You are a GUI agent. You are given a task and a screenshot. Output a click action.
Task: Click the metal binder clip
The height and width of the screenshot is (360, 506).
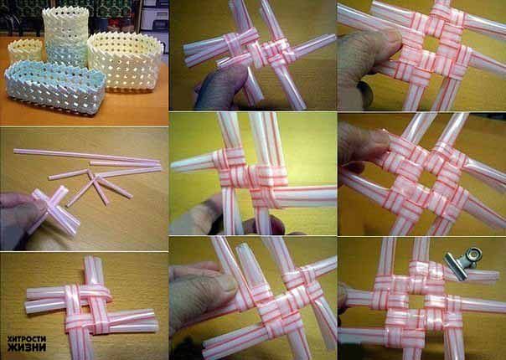[x=462, y=263]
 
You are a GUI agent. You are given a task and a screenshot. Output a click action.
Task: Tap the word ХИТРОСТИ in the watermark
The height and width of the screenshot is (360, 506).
[x=27, y=339]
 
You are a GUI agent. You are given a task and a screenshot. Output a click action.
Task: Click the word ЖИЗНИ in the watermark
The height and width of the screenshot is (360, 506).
[x=27, y=347]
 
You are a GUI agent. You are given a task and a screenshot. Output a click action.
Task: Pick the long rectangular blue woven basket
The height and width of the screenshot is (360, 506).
[x=55, y=86]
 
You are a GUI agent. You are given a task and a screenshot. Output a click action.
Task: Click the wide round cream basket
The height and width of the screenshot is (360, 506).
[x=125, y=61]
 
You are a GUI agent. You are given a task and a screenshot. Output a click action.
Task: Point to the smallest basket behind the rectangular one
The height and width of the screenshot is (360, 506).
[x=25, y=52]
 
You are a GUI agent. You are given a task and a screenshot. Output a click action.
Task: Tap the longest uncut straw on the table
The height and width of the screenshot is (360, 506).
[x=86, y=156]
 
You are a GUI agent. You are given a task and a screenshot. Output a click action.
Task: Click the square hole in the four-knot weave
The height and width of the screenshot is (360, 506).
[x=427, y=178]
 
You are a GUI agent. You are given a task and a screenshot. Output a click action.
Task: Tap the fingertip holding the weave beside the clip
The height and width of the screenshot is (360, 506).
[x=343, y=296]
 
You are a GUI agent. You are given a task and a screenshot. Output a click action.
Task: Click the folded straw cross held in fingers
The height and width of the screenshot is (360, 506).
[x=54, y=209]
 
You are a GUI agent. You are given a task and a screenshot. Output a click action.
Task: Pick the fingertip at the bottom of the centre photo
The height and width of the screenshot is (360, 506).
[x=263, y=224]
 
